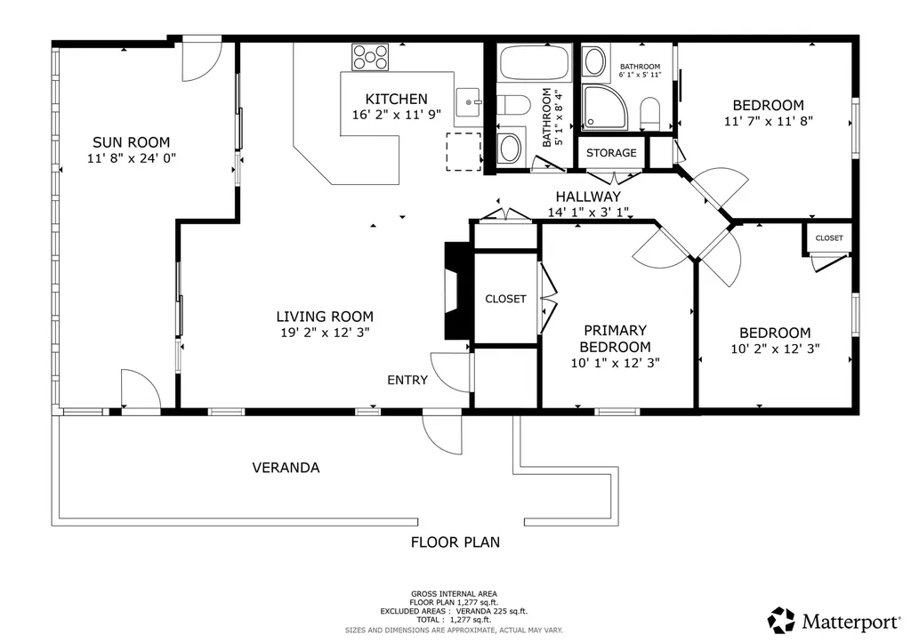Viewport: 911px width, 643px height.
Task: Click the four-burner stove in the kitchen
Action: pos(370,57)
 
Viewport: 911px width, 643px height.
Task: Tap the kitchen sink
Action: pos(468,103)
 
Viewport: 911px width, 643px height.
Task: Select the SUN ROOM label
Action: pos(132,142)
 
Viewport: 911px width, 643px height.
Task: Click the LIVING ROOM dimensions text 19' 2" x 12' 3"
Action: pos(326,333)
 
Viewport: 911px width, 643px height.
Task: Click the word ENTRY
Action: pos(407,380)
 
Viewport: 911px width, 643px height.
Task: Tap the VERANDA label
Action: pos(286,468)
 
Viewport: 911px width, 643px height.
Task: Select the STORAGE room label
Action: pos(611,153)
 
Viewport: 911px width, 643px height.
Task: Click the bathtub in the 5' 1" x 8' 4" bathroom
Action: pos(534,63)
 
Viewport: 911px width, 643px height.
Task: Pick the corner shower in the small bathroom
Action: pos(604,108)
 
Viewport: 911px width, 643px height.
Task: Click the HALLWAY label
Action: pos(588,197)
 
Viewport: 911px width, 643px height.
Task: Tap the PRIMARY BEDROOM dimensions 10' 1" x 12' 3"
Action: pos(616,363)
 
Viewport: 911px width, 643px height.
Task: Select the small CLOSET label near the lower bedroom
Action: pos(829,238)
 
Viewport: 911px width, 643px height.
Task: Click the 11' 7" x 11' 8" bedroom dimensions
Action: pos(768,122)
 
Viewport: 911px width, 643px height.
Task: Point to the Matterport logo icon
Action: pos(781,621)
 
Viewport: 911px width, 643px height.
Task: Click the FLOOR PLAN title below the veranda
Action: pos(455,543)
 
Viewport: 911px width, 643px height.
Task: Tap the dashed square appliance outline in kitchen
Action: pos(464,151)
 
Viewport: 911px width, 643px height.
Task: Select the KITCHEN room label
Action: pos(396,100)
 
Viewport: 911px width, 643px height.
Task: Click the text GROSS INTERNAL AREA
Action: pos(454,593)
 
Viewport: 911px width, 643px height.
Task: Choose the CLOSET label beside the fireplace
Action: pos(505,299)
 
